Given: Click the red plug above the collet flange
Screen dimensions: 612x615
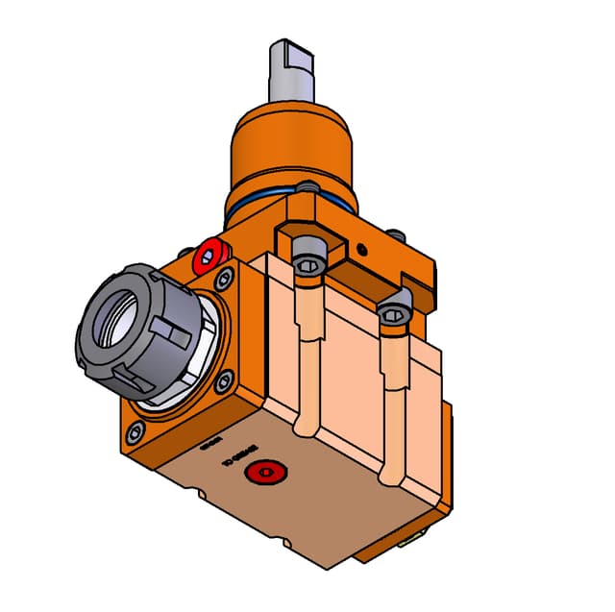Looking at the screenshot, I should pos(208,257).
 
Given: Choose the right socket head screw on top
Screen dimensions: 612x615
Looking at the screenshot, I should pos(394,313).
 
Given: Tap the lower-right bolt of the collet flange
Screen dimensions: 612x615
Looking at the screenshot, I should pos(224,380).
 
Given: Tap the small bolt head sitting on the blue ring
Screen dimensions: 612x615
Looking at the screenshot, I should pos(307,185).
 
